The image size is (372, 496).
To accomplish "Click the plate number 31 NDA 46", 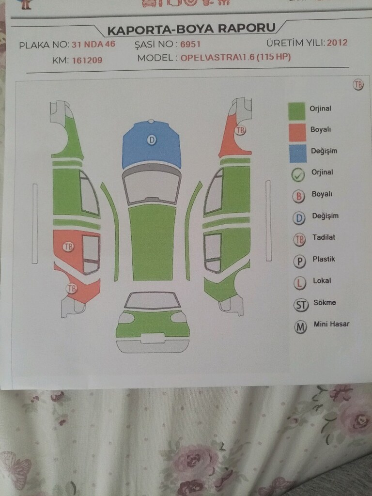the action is pyautogui.click(x=93, y=44).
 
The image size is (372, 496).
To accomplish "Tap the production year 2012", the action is pyautogui.click(x=337, y=43).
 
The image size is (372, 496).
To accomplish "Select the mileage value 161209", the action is pyautogui.click(x=87, y=60).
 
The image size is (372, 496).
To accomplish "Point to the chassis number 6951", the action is pyautogui.click(x=190, y=44).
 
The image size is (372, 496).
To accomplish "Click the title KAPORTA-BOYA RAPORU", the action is pyautogui.click(x=191, y=29).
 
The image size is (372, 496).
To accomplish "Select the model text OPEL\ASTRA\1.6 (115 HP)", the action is pyautogui.click(x=236, y=57).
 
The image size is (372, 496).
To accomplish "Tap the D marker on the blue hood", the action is pyautogui.click(x=152, y=139).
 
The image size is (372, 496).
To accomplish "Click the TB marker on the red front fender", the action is pyautogui.click(x=240, y=130).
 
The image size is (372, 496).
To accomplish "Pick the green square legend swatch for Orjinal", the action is pyautogui.click(x=297, y=111).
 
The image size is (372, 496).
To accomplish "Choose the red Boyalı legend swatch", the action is pyautogui.click(x=297, y=132).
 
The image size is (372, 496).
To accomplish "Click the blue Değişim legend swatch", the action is pyautogui.click(x=298, y=154).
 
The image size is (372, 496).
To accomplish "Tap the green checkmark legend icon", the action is pyautogui.click(x=298, y=175).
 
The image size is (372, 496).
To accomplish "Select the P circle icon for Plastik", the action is pyautogui.click(x=299, y=262).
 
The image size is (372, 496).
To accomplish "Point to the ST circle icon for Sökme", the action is pyautogui.click(x=301, y=305).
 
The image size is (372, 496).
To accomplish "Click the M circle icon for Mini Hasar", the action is pyautogui.click(x=300, y=327).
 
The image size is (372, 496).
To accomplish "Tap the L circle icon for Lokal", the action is pyautogui.click(x=299, y=283).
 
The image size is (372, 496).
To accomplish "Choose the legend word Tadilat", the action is pyautogui.click(x=324, y=237).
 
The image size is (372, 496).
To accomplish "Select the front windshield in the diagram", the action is pyautogui.click(x=152, y=186).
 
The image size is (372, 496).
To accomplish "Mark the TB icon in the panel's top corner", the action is pyautogui.click(x=358, y=85).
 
